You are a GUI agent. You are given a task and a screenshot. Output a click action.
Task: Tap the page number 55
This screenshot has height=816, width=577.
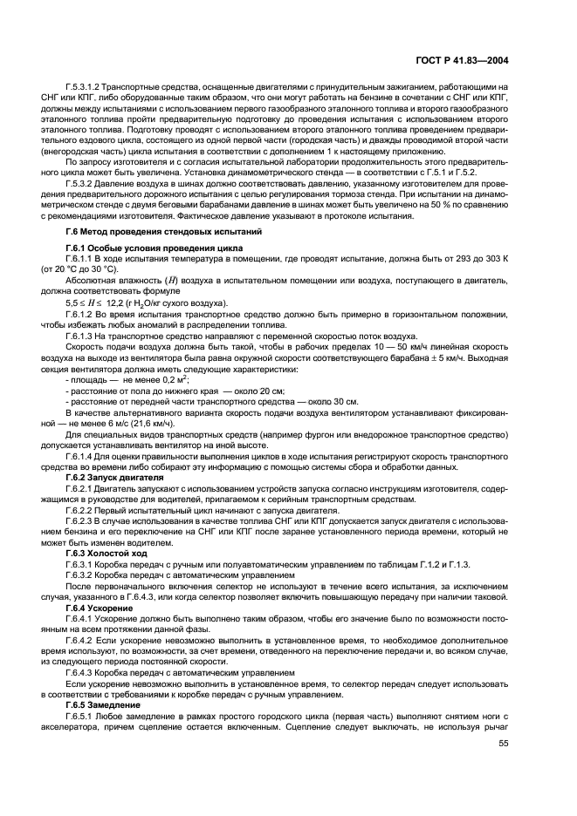[x=503, y=744]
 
